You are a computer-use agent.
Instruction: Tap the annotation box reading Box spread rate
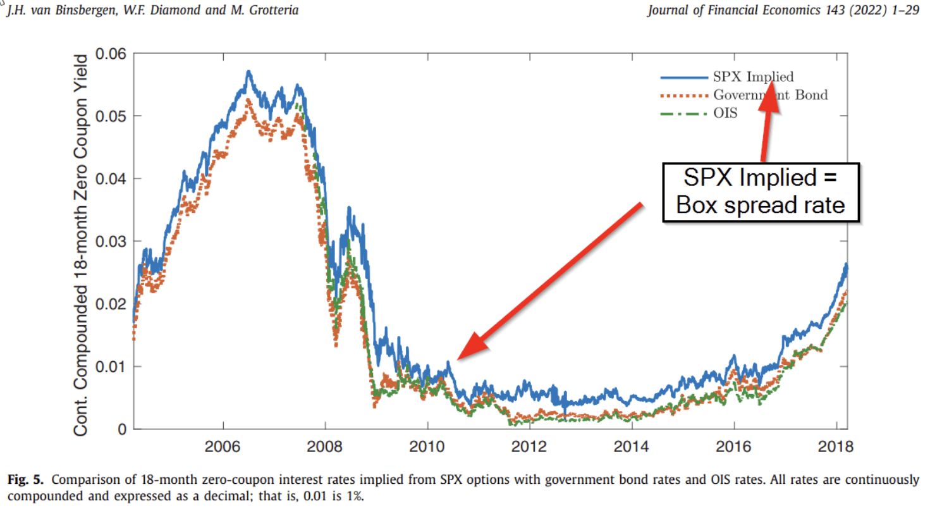click(x=761, y=192)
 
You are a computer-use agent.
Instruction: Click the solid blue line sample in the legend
click(x=683, y=77)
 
